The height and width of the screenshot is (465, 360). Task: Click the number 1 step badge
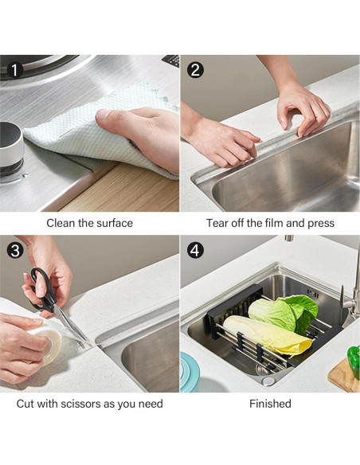14,70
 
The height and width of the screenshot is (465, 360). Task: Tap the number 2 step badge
195,70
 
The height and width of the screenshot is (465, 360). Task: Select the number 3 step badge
15,250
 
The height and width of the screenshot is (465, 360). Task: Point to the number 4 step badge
195,250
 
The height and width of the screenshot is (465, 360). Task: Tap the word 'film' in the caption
274,223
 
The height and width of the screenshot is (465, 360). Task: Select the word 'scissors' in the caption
80,404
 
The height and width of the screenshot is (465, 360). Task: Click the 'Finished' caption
270,404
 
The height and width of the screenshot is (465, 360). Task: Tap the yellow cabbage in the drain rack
268,334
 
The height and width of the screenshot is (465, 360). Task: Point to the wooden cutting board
343,376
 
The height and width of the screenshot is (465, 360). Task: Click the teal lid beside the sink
190,372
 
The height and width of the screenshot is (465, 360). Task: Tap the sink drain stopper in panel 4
268,381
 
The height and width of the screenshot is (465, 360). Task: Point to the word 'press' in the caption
321,223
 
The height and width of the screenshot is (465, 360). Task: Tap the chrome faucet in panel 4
352,294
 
